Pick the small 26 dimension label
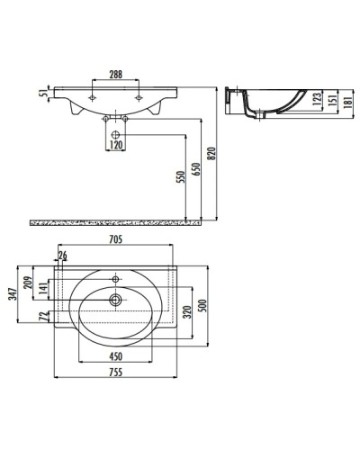pos(62,256)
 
